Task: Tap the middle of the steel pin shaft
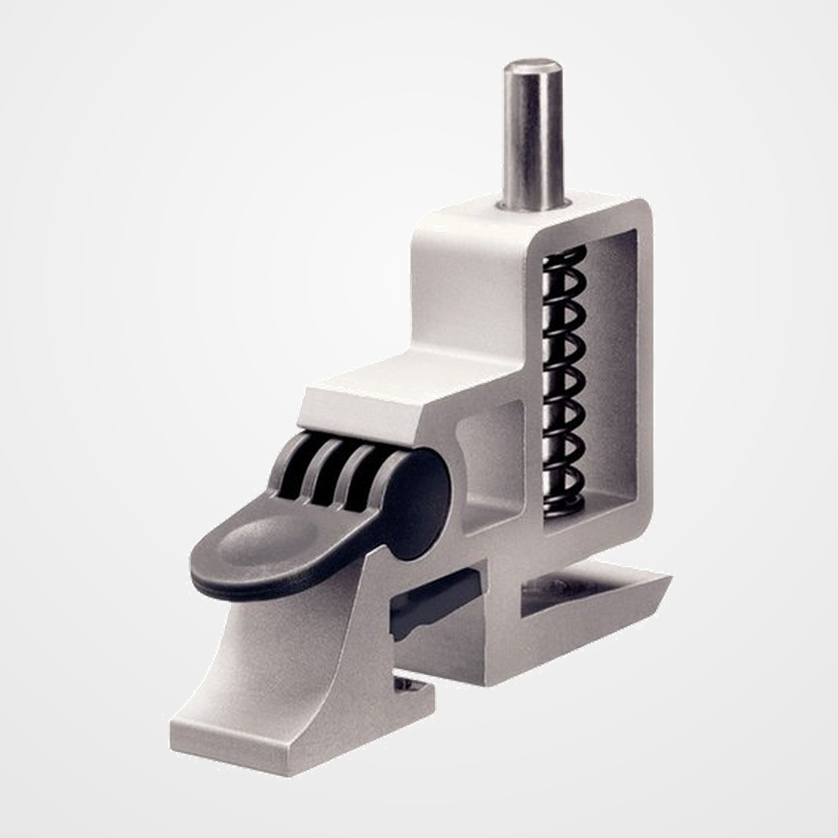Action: point(532,135)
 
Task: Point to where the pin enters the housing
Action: point(533,203)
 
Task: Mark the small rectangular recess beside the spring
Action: point(491,458)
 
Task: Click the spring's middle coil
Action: point(565,381)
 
